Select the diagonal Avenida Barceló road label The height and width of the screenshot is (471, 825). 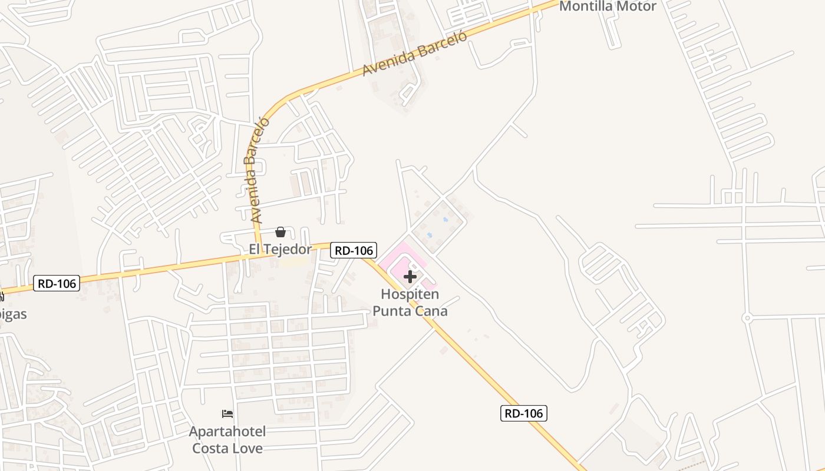(x=414, y=54)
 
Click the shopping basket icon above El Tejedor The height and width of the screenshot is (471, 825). (x=280, y=232)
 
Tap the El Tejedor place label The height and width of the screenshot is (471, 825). (x=280, y=249)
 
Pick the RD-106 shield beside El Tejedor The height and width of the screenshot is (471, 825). (x=354, y=250)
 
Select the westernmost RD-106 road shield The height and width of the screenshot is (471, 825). (x=56, y=283)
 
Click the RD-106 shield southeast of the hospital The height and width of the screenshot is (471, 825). (x=524, y=413)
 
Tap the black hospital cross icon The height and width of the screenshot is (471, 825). (x=410, y=277)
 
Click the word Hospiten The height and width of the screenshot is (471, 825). (x=410, y=294)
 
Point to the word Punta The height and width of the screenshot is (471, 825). (x=392, y=311)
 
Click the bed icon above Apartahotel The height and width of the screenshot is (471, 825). (x=227, y=414)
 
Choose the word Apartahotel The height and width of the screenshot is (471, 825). (x=227, y=432)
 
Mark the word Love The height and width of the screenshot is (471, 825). (x=248, y=448)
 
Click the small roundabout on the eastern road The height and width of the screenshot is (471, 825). (x=747, y=318)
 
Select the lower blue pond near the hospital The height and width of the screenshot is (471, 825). (x=430, y=235)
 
